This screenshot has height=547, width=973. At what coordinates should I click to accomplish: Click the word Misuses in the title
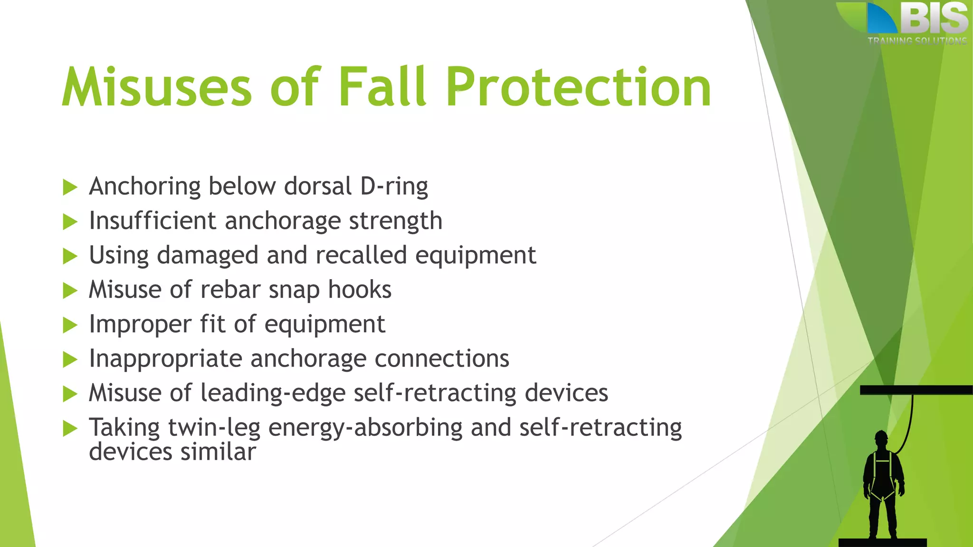coord(157,87)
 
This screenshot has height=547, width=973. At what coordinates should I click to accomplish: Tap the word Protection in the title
coord(578,87)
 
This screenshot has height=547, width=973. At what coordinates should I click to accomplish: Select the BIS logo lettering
coord(934,19)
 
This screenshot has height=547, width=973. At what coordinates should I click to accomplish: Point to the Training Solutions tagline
coord(917,41)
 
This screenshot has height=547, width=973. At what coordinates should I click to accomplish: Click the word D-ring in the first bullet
coord(394,186)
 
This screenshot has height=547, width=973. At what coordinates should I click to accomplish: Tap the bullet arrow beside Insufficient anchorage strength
coord(70,222)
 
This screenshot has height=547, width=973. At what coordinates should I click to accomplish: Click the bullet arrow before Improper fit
coord(70,325)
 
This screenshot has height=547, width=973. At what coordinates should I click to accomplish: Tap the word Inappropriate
coord(166,359)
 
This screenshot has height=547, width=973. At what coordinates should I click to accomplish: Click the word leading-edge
coord(273,393)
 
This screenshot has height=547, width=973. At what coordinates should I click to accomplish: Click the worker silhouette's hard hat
coord(881,435)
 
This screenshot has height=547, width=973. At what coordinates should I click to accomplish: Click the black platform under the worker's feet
coord(882,542)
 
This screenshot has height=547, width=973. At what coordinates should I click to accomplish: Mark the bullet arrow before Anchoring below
coord(70,187)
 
